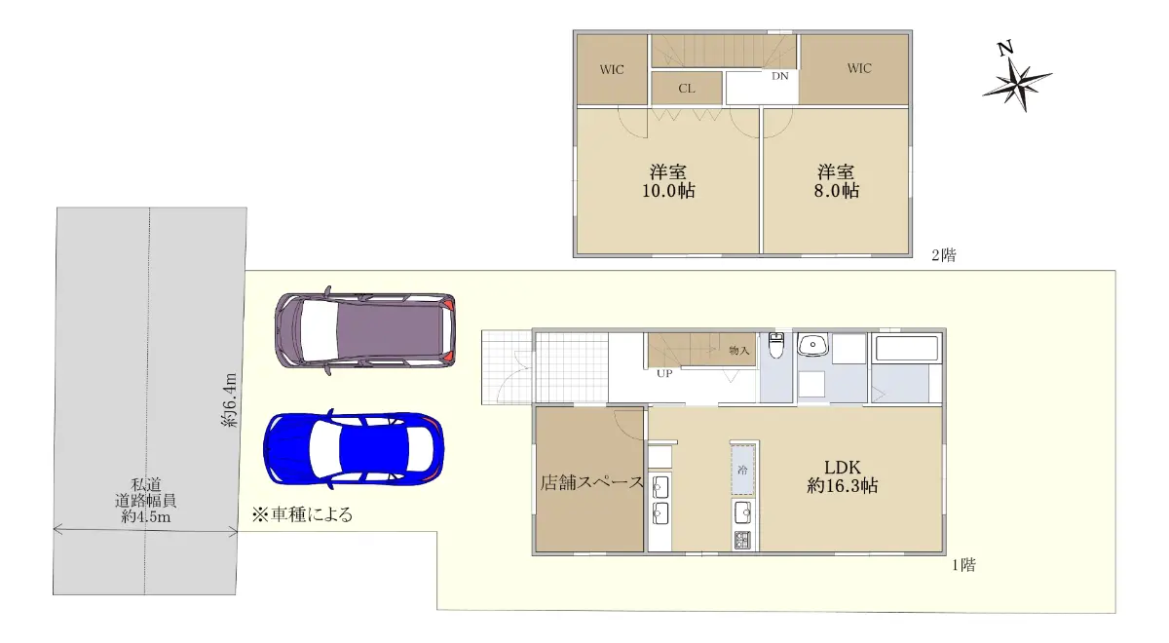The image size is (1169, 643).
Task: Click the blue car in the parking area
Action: (x=354, y=449)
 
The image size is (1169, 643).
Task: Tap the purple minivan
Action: (x=364, y=331)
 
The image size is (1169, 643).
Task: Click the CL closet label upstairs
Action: (x=686, y=89)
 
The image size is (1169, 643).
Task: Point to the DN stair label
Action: (x=779, y=76)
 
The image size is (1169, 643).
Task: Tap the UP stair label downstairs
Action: (x=664, y=374)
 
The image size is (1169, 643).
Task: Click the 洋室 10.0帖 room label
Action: (x=668, y=181)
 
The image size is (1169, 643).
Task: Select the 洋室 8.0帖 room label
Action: (x=836, y=181)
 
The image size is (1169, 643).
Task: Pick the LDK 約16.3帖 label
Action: (x=843, y=476)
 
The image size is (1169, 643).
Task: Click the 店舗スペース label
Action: (x=592, y=482)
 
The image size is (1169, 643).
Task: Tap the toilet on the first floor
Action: (x=776, y=346)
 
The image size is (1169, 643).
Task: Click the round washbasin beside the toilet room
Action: (x=812, y=345)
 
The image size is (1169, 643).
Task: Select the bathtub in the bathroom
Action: (x=907, y=349)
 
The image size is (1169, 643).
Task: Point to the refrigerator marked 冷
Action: (x=742, y=470)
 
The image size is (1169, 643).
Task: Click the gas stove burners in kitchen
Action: (x=742, y=540)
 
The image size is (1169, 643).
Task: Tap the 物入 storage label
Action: (x=738, y=350)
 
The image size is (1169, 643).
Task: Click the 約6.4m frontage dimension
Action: (x=230, y=400)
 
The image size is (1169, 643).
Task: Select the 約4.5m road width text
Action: (x=146, y=517)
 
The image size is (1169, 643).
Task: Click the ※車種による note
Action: (x=302, y=514)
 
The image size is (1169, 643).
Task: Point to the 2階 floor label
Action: (x=944, y=255)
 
